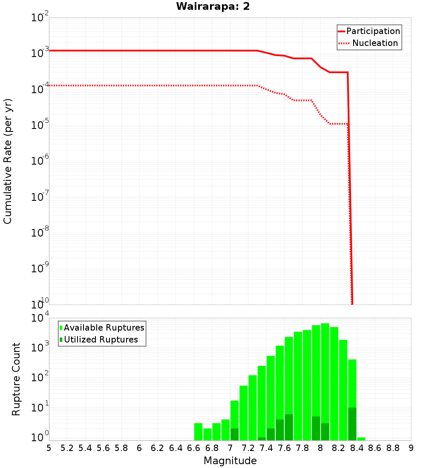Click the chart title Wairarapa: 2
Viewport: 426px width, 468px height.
(x=213, y=7)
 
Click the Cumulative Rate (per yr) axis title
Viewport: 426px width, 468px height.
(x=8, y=161)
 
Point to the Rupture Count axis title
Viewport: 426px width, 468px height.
(x=16, y=379)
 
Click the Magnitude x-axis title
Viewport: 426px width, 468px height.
(x=230, y=461)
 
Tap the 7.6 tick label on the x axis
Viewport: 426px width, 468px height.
(x=284, y=448)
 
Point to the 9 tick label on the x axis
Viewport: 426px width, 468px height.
(x=411, y=448)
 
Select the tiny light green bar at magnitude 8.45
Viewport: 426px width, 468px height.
(x=361, y=439)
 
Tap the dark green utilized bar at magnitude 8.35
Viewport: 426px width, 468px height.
(x=352, y=424)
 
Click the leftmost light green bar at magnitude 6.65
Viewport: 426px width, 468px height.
(x=198, y=431)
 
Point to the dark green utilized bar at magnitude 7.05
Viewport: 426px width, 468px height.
(x=234, y=434)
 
